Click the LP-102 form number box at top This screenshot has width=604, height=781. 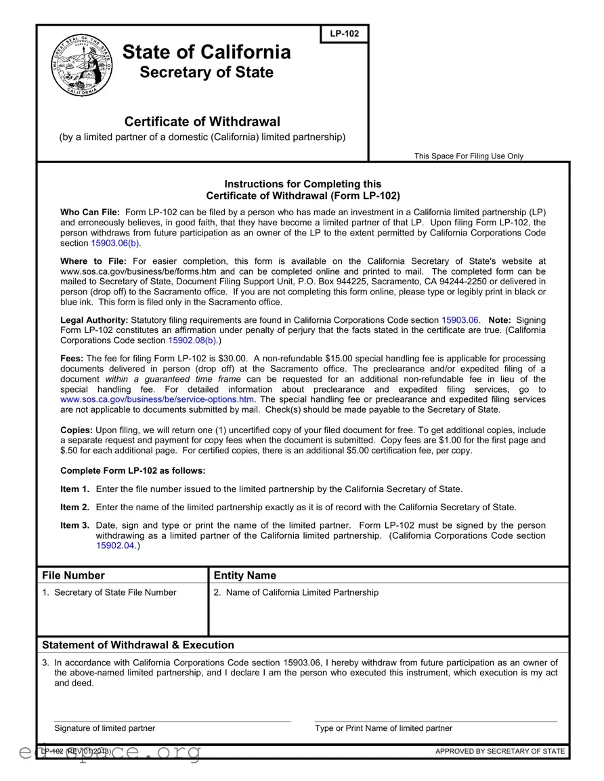click(x=344, y=34)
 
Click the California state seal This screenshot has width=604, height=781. click(x=82, y=65)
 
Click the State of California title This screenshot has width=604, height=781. click(x=207, y=52)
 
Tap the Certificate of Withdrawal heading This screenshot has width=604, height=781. click(x=202, y=122)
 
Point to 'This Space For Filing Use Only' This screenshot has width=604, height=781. click(x=469, y=156)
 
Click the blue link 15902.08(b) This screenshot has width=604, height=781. click(x=192, y=340)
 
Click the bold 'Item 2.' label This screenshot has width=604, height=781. click(x=74, y=507)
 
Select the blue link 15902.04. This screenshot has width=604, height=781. click(x=116, y=545)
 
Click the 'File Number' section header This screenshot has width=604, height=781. click(x=74, y=575)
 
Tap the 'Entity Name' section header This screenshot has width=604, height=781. click(x=244, y=575)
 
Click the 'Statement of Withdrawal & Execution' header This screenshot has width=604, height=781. click(x=138, y=645)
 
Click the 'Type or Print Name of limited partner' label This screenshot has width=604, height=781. click(x=383, y=728)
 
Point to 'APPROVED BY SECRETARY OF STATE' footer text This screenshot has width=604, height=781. click(x=499, y=751)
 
